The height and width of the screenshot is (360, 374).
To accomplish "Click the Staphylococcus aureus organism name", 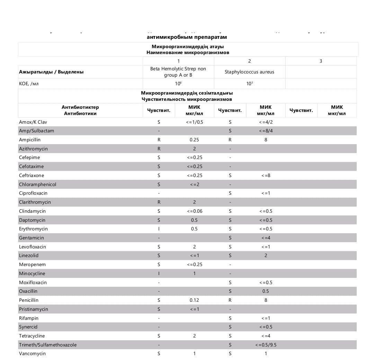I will pos(249,72).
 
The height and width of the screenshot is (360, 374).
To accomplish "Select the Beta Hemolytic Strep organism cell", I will pos(178,72).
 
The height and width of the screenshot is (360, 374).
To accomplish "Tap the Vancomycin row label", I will pos(32,353).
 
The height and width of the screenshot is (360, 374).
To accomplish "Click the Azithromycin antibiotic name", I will pos(33,149).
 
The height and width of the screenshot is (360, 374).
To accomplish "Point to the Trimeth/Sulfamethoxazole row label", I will pos(48,345).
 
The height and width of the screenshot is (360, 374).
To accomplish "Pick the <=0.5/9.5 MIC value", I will pos(266,345).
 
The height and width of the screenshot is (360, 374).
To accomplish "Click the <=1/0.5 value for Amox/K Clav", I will pos(194,122).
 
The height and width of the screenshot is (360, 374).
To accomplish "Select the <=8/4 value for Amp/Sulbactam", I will pos(266,131).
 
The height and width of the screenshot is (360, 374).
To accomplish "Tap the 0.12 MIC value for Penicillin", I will pos(194,300).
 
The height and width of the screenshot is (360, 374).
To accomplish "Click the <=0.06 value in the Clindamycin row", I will pos(194,211).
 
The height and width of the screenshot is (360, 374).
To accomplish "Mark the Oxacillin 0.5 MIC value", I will pos(266,291).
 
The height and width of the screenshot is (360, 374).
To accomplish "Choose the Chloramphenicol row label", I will pos(37,184).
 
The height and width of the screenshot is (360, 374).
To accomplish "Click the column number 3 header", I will pos(321,61).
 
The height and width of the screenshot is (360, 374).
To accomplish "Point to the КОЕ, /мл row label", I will pos(29,84).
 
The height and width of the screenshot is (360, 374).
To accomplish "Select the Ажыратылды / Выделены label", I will pos(51,72).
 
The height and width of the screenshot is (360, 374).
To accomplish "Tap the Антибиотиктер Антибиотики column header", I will pos(80,110).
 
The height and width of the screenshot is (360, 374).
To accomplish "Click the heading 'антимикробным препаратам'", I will pos(187,37).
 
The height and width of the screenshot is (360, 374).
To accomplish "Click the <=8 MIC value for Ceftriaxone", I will pos(266,175).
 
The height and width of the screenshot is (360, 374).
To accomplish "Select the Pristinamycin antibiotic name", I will pos(34,309).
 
